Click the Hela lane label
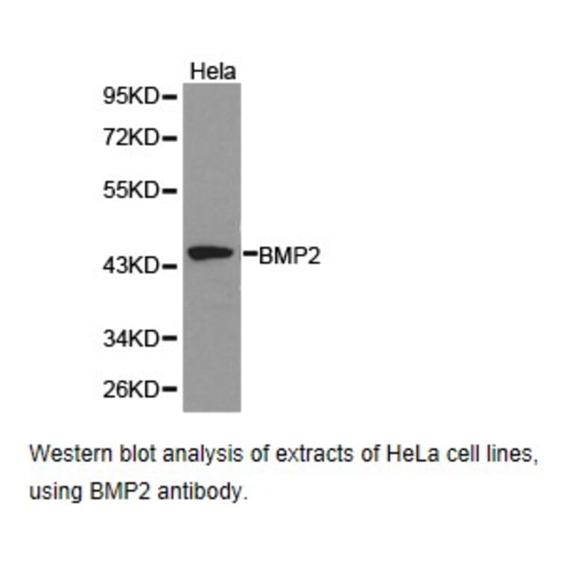(212, 71)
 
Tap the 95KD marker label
(130, 96)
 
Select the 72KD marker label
(130, 138)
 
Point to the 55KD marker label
(130, 191)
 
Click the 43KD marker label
(130, 265)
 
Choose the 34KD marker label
(130, 339)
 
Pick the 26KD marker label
(130, 389)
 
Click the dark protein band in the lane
(212, 253)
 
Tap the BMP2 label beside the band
(290, 256)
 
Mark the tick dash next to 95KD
(169, 97)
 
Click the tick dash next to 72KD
(169, 138)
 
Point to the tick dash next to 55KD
(169, 191)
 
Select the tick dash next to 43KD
(169, 265)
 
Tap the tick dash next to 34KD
(169, 339)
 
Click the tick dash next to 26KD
(169, 389)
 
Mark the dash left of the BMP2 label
(250, 255)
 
